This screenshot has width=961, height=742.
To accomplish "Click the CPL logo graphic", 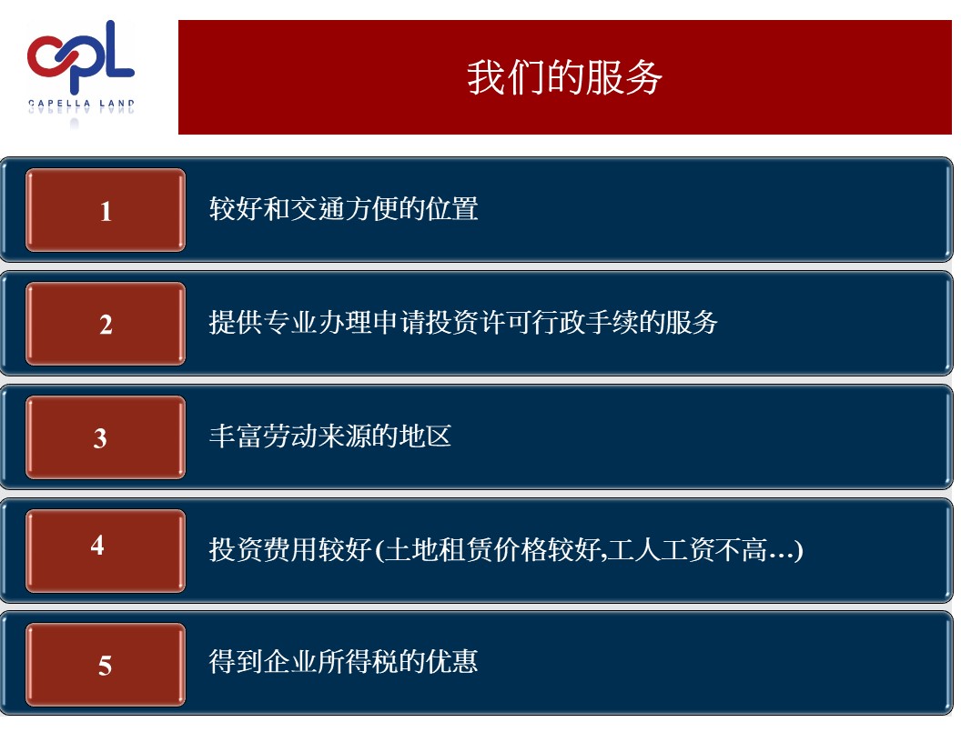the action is pos(81,55).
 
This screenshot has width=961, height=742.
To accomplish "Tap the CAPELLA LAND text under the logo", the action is pos(81,104).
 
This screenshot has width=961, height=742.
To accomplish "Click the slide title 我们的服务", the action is pos(564,78).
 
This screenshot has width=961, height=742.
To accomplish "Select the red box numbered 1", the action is pos(106,210).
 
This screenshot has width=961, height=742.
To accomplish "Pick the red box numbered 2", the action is pos(106,323).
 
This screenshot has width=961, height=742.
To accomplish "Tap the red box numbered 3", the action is pos(106,437).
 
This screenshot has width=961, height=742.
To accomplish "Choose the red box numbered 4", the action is pos(106,550).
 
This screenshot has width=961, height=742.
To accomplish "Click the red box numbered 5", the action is pos(106,664).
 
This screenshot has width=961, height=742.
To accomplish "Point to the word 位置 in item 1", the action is pos(451,209).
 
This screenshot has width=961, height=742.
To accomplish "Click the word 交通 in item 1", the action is pos(317,209).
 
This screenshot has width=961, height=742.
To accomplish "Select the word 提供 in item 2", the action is pos(236,322).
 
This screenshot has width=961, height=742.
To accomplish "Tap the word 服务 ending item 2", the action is pos(692,322).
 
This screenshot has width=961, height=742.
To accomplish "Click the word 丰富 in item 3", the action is pos(236,436).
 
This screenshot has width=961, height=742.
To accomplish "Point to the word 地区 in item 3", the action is pos(425,436).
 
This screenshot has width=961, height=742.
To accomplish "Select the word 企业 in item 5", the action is pos(290,661).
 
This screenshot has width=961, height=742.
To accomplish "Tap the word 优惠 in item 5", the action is pos(451,661).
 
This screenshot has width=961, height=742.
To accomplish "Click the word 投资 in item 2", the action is pos(451,322).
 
